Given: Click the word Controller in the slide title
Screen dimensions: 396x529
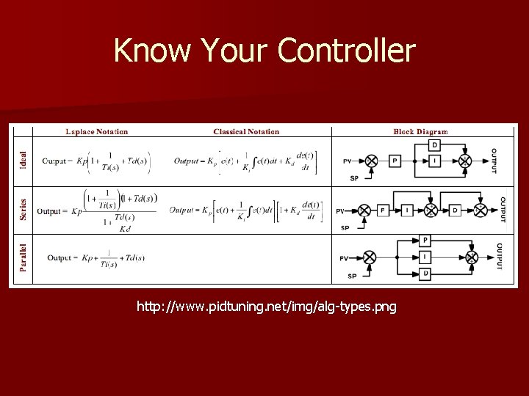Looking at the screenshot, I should point(347,51).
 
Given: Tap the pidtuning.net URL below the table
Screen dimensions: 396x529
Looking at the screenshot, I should point(266,307).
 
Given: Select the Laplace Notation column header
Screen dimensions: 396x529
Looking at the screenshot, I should point(96,132).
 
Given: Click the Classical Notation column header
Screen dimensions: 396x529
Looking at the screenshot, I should point(246,132).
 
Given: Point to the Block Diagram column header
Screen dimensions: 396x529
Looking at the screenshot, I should point(420,132).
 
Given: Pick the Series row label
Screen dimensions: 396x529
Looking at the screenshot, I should point(24,209).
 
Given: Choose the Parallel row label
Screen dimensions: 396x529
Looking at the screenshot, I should point(24,257).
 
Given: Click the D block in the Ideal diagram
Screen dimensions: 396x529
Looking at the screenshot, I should point(435,144).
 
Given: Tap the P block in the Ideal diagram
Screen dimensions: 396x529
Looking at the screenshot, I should point(395,161).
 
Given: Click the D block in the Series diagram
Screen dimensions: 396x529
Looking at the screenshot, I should point(455,210).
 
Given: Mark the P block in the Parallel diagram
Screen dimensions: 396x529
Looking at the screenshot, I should point(425,241).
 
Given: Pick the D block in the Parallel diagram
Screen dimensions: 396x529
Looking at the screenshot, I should point(425,274).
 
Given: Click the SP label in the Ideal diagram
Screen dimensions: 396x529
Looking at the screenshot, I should point(354,178).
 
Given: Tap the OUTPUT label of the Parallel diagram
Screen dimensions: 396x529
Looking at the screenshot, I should point(499,257).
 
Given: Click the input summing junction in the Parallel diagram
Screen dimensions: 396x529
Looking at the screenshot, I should point(370,257).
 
